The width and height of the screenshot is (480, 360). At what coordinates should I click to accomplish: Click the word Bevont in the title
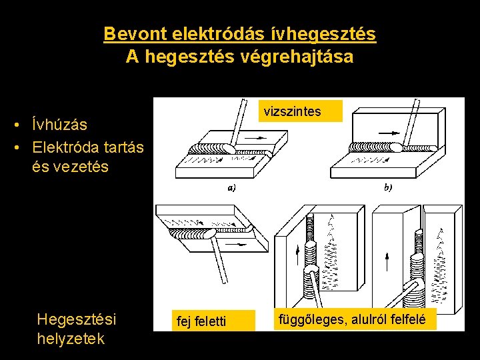point(135,33)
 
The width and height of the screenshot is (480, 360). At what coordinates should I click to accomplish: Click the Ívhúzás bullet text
point(59,125)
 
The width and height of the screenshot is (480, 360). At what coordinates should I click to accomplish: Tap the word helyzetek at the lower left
point(71,339)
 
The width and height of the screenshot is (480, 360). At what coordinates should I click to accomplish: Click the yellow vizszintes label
point(292,111)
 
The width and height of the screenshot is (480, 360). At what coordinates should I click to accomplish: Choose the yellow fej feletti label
point(201,322)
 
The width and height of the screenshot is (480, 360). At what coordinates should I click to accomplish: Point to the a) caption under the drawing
point(231,188)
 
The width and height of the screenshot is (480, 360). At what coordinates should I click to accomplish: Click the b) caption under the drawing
point(388,188)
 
